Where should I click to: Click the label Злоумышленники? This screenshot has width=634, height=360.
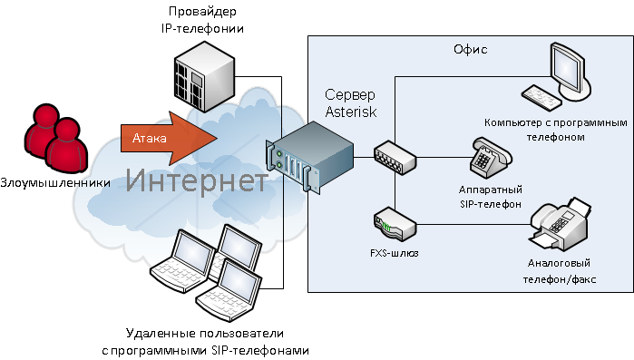pos(56,182)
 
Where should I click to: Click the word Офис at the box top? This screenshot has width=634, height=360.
pos(470,49)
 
